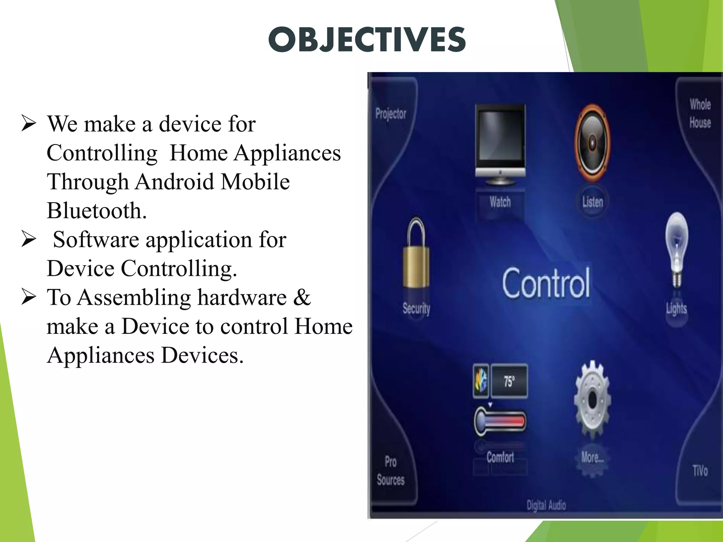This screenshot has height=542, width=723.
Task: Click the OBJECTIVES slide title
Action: click(x=367, y=40)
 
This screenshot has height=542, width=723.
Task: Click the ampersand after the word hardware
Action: click(x=302, y=297)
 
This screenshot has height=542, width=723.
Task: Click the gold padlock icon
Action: click(x=416, y=254)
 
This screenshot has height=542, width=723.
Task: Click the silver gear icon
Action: click(x=592, y=400)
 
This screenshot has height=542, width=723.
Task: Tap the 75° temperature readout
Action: click(x=509, y=381)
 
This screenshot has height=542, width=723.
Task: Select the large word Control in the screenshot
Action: click(x=546, y=283)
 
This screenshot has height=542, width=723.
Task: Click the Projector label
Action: click(x=391, y=114)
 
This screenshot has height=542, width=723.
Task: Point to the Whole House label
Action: click(x=700, y=114)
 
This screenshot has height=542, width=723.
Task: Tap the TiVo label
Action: click(x=700, y=471)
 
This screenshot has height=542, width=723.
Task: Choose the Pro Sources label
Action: click(x=390, y=471)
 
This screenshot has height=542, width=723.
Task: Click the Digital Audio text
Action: click(x=546, y=505)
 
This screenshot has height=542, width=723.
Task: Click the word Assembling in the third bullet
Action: click(x=134, y=297)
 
